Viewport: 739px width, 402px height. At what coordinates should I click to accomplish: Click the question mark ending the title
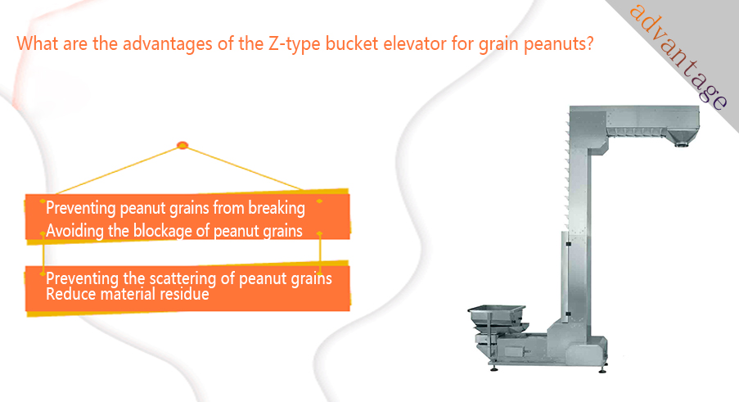pyautogui.click(x=589, y=44)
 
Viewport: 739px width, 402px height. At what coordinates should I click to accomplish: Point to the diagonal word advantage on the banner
pyautogui.click(x=678, y=56)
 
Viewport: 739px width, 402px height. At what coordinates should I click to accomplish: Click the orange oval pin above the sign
pyautogui.click(x=182, y=146)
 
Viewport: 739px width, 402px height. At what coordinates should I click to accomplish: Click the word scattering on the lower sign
pyautogui.click(x=182, y=278)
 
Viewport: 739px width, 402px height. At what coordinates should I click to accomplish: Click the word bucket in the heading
pyautogui.click(x=352, y=44)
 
